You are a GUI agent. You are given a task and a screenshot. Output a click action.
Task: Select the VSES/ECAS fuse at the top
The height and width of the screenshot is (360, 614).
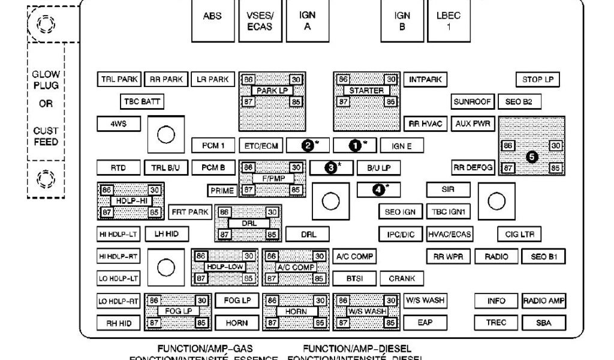260,21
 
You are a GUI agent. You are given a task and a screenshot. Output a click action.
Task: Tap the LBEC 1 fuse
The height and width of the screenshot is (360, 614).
449,21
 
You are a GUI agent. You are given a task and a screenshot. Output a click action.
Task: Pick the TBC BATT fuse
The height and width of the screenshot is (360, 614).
143,101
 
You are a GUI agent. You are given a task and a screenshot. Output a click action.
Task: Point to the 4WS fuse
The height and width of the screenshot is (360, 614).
118,124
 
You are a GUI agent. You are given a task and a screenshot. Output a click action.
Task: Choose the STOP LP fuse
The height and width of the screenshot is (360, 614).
537,79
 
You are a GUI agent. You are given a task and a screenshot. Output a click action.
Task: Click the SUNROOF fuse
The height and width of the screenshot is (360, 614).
472,101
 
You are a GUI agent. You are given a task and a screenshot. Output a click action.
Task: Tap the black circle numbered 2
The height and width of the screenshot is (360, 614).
308,145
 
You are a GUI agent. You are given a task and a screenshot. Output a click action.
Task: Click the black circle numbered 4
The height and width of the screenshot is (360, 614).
378,190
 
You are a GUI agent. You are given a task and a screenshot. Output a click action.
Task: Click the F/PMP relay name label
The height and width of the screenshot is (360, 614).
272,179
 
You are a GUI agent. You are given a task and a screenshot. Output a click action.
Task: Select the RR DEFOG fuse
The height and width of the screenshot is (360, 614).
473,167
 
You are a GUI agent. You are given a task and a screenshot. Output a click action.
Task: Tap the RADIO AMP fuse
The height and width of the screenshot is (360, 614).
544,301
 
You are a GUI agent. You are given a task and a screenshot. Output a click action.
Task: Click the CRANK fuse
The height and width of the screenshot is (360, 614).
402,278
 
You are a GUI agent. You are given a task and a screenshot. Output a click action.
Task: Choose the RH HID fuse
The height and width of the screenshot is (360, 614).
118,323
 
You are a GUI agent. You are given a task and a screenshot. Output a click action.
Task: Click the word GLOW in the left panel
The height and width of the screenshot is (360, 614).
46,74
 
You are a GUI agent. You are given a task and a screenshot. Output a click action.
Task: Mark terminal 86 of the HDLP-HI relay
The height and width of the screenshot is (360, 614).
107,190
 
